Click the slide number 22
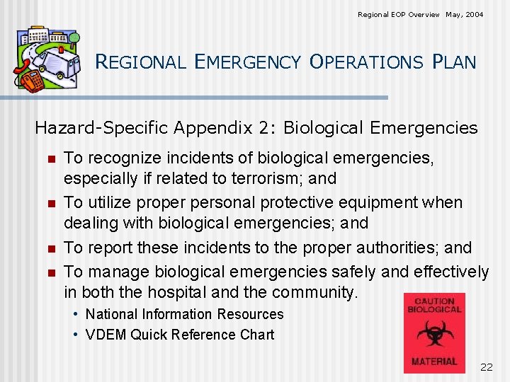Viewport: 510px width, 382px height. click(x=486, y=366)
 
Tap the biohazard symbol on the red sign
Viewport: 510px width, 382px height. click(x=434, y=333)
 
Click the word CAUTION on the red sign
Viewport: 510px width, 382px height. click(x=434, y=301)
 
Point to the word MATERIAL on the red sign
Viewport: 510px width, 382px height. click(x=434, y=361)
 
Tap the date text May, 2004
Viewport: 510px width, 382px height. click(x=465, y=14)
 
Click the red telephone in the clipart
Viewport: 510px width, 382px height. click(x=30, y=79)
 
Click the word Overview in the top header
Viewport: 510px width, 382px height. click(x=419, y=14)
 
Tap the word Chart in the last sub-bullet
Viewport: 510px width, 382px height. click(x=257, y=335)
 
